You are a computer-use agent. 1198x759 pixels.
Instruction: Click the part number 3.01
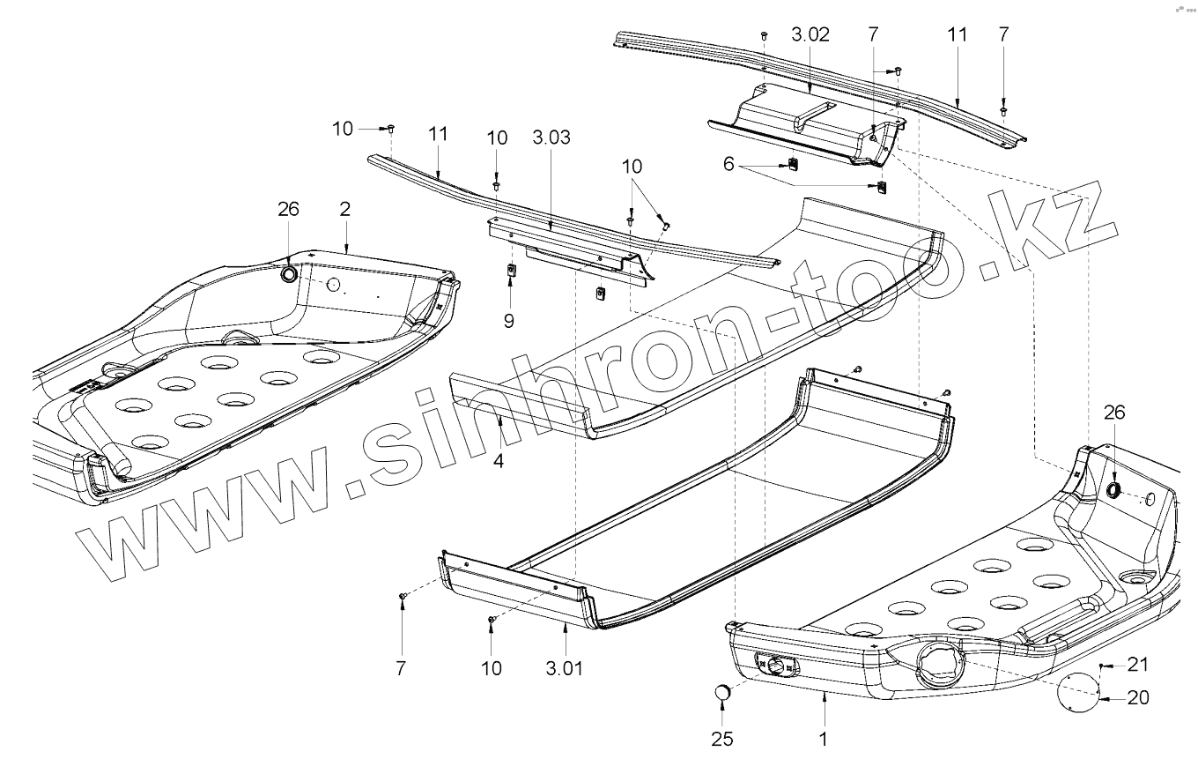[565, 667]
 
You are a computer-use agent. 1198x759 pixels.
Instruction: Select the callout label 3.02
[810, 36]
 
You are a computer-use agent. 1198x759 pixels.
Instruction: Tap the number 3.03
[551, 138]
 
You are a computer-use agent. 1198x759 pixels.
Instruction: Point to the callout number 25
[722, 738]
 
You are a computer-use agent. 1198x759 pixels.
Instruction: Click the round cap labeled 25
[723, 694]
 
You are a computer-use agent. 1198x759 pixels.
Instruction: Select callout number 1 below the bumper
[824, 738]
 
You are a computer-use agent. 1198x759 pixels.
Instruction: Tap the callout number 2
[345, 209]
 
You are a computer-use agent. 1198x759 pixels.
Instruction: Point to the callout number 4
[499, 459]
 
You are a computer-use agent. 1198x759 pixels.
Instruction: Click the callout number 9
[509, 321]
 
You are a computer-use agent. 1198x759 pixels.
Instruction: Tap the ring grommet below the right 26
[1113, 489]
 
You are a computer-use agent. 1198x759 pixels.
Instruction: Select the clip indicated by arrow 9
[510, 271]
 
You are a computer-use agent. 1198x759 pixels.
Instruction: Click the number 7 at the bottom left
[401, 668]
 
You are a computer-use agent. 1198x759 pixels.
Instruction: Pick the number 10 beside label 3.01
[492, 668]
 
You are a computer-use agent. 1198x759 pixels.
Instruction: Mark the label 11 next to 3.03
[439, 134]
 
